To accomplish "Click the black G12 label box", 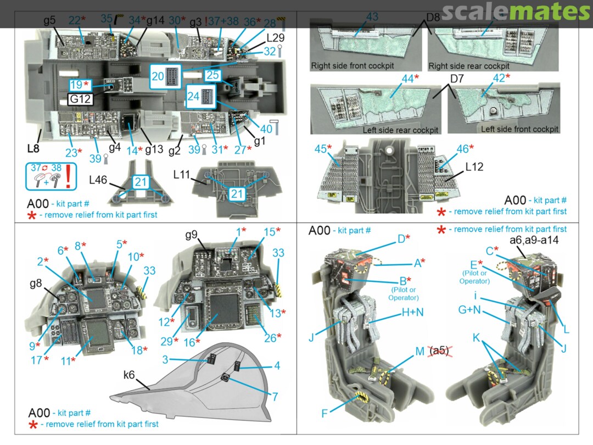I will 81,99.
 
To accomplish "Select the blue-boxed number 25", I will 212,75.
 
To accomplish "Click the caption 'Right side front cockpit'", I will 353,65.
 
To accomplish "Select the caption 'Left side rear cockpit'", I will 400,130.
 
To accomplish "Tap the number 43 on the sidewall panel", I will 372,17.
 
